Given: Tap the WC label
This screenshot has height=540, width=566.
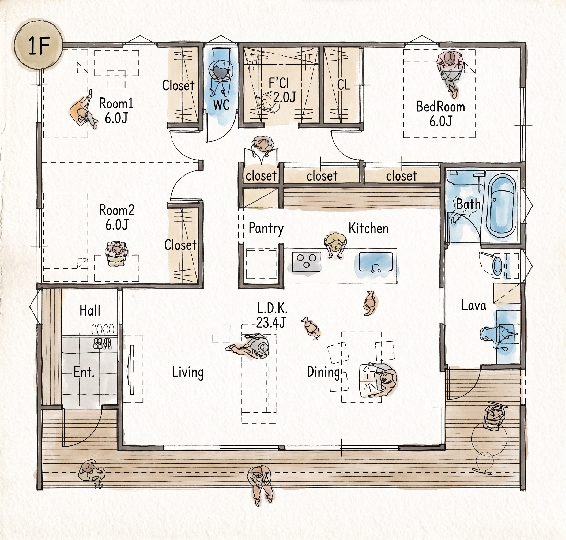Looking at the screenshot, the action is [x=221, y=104].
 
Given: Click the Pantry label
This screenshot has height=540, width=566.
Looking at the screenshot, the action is [x=266, y=228].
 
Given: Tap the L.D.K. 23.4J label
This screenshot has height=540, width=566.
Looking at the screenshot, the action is [x=271, y=316].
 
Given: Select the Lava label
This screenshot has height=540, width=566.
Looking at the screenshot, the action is [x=474, y=305].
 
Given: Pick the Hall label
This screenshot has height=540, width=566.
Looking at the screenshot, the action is [x=90, y=311].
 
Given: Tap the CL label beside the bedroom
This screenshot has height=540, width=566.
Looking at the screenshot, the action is [x=344, y=85].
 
